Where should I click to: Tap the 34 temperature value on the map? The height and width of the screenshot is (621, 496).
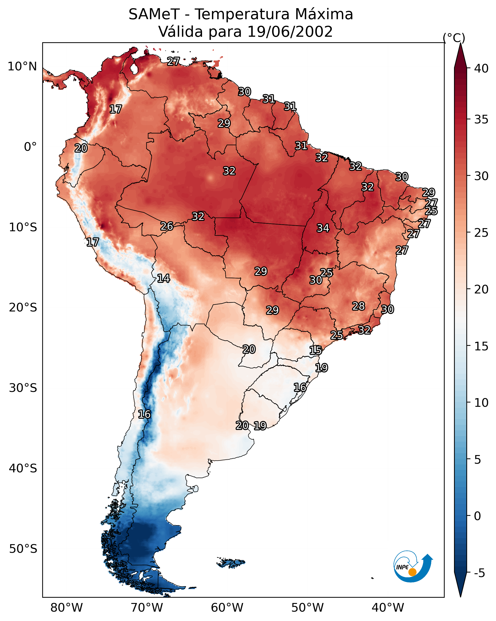coord(323,228)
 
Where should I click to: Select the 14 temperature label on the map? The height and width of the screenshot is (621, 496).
coord(163,278)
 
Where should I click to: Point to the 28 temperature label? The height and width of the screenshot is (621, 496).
coord(359,306)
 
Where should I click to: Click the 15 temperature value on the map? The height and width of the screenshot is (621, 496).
coord(316,350)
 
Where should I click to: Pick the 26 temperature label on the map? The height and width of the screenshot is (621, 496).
coord(167,226)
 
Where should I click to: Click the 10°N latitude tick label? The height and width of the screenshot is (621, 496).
coord(22,67)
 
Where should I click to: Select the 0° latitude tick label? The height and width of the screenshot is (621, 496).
coord(30,147)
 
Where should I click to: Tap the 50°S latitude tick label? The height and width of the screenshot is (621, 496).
coord(23,549)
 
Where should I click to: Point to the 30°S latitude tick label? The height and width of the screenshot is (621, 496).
coord(23,388)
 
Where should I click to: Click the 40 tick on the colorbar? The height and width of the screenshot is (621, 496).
coord(481,68)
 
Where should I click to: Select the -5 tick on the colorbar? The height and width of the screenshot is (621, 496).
coord(479,573)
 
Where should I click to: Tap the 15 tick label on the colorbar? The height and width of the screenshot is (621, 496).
coord(481,346)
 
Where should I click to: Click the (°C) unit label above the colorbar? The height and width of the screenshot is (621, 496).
coord(454,38)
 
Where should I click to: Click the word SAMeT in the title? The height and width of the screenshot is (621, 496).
coord(154,14)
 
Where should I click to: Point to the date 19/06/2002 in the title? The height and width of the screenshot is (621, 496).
coord(290,32)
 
